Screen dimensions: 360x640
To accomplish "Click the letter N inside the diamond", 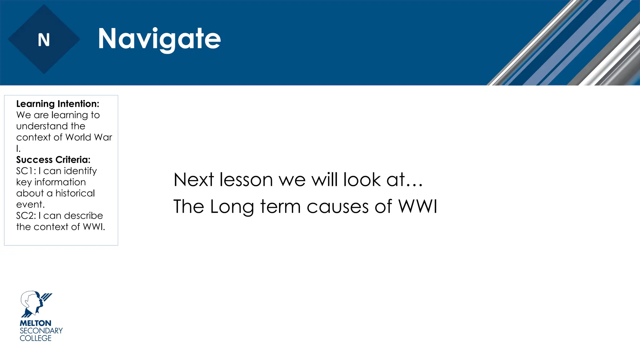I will coord(44,40).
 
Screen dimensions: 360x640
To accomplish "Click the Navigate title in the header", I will coord(159,39).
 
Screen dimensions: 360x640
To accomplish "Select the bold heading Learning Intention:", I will coord(57,104).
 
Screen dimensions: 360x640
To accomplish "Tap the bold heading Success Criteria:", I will coord(53,160).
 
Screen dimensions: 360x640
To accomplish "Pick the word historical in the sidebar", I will coord(75,193).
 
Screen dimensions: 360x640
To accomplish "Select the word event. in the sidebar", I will coord(30,205).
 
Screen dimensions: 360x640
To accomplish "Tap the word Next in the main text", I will coord(194,180).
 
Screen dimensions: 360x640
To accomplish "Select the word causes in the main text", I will coord(338,207).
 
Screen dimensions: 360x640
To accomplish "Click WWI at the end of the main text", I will coord(417,206).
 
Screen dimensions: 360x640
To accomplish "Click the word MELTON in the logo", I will coord(35,323).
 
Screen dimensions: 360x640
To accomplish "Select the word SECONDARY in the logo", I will coord(41,331).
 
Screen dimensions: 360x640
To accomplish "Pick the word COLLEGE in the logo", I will coord(35,338).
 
